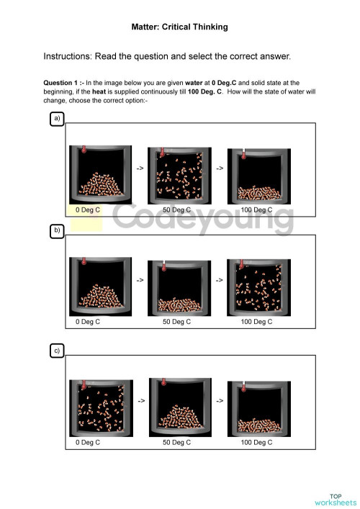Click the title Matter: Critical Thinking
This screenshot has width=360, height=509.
179,27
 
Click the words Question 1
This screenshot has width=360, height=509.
62,83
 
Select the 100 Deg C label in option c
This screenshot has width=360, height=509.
256,443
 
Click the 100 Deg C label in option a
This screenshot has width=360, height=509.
256,210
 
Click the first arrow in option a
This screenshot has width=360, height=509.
140,168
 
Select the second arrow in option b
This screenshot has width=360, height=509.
220,279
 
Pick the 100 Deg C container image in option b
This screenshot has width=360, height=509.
257,287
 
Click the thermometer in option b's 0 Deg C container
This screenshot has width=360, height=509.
84,262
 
